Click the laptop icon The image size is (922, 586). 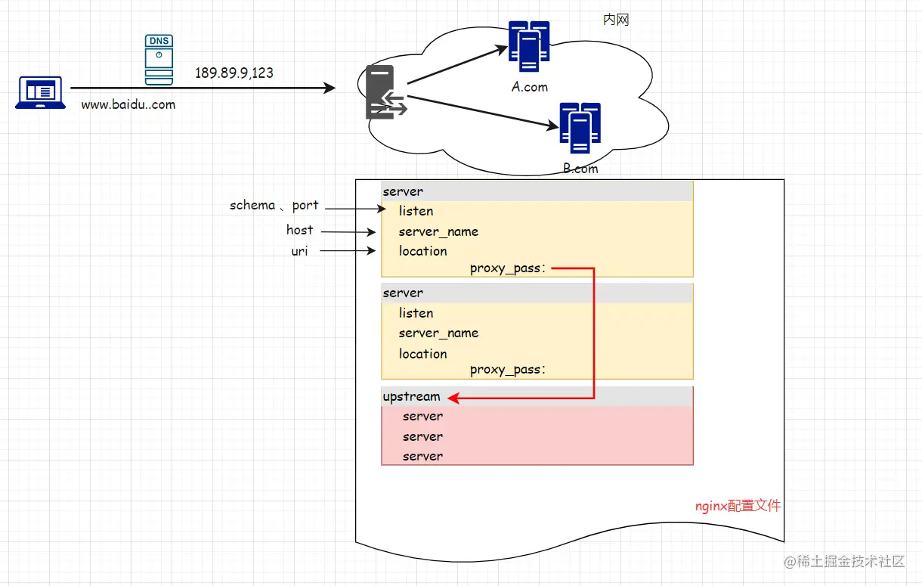pos(39,92)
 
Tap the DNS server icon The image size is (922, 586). pos(159,59)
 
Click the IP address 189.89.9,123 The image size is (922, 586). pos(234,73)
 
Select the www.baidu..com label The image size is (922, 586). pos(128,105)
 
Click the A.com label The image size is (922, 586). pos(529,87)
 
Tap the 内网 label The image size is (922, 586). pos(616,20)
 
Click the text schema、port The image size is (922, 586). pos(274,206)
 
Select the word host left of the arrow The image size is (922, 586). pos(299,230)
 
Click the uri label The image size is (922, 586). pos(300,251)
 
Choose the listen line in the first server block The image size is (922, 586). pos(416,211)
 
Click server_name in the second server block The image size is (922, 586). pos(438,333)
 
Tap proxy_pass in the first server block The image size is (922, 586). pos(506,268)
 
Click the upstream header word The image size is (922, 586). pos(411,396)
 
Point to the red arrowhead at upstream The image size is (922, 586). pos(452,397)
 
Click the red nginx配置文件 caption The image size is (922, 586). pos(738,506)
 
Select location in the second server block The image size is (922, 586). pos(422,354)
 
